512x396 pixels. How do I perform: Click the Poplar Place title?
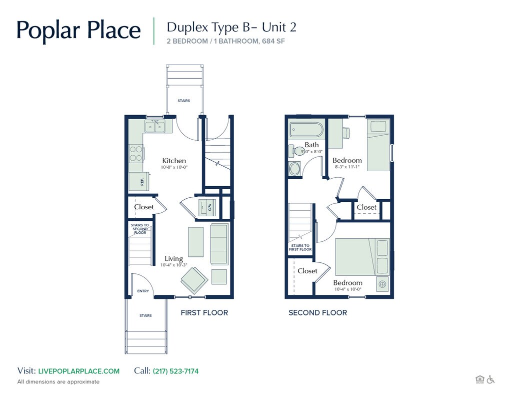[78, 30]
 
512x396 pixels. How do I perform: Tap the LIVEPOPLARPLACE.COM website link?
[78, 371]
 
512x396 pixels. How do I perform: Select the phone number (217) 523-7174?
[175, 371]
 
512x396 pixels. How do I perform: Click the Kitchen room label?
[173, 161]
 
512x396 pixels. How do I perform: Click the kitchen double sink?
[154, 126]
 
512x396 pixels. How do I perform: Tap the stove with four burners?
[135, 153]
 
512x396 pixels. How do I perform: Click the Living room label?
[173, 259]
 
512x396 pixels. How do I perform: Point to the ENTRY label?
[143, 291]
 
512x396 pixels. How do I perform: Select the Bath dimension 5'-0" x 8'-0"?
[311, 151]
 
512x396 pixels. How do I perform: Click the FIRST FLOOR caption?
[204, 313]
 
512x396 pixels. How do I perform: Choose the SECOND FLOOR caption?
[317, 313]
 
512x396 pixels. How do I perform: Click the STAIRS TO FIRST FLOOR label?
[300, 247]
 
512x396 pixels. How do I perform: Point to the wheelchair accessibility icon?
[490, 379]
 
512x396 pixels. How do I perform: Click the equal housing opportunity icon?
[479, 379]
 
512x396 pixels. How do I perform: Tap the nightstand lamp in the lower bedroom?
[382, 284]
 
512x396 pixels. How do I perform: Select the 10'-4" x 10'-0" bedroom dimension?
[347, 289]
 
